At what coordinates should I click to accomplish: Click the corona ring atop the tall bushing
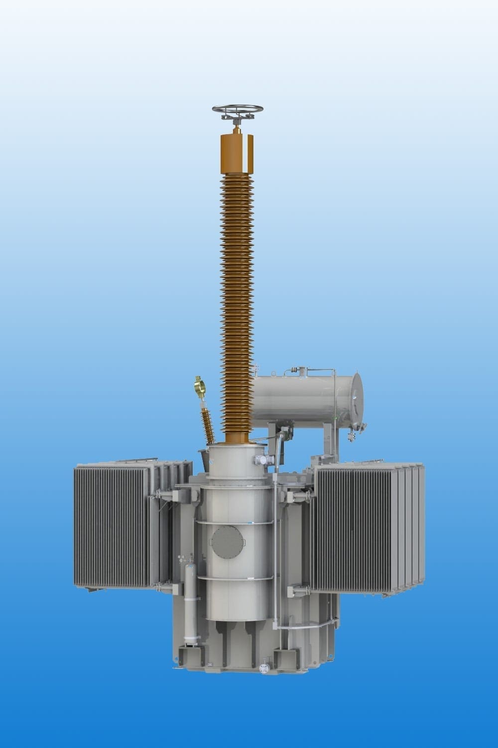(238, 109)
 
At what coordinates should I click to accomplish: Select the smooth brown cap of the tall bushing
(237, 153)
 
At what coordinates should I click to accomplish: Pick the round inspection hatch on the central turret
(228, 543)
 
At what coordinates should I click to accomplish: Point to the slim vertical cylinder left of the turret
(190, 603)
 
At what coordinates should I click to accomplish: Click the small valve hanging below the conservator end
(352, 436)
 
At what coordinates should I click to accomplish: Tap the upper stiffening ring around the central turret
(234, 522)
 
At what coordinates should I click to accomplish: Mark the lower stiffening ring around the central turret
(234, 578)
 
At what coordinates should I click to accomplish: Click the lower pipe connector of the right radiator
(298, 591)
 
